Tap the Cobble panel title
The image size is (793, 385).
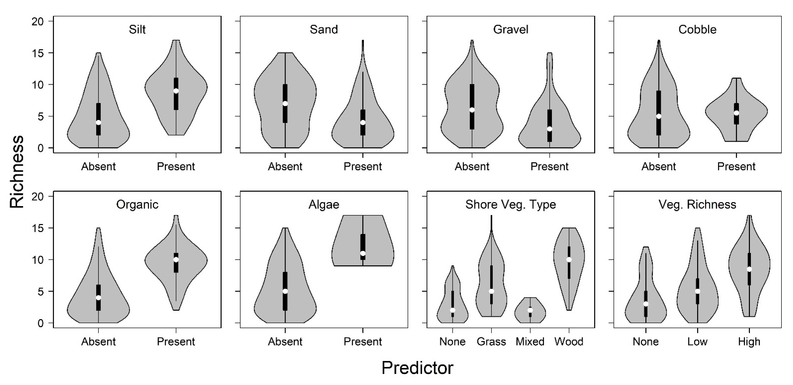(697, 30)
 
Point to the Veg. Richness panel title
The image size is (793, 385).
(697, 205)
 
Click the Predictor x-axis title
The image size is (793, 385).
(417, 368)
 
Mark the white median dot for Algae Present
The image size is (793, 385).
(363, 253)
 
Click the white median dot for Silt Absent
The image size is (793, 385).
(99, 122)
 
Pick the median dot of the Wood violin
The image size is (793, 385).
(569, 260)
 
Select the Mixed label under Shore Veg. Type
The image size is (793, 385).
(530, 342)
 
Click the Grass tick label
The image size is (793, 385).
(491, 342)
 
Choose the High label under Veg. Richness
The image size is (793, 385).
(749, 342)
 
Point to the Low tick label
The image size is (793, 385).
(697, 342)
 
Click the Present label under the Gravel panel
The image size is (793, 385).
(550, 167)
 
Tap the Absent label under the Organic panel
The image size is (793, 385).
(99, 342)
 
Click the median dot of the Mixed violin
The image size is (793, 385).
(530, 310)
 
